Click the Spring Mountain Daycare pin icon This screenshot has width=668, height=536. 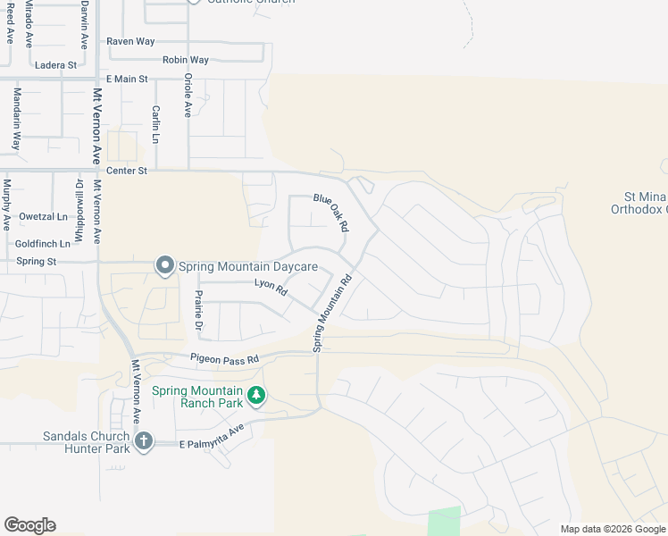165,265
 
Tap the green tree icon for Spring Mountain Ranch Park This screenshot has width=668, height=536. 256,395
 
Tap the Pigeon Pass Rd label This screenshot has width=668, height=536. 224,358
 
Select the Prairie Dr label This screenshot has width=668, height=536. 198,307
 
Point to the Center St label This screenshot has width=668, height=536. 126,170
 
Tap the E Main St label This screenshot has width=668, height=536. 127,80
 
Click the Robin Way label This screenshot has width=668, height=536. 186,60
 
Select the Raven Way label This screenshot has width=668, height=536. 130,41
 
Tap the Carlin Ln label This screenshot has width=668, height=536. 155,125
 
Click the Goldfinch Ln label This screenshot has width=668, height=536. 43,243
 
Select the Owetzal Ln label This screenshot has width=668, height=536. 42,217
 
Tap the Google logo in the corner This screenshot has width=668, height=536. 29,525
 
